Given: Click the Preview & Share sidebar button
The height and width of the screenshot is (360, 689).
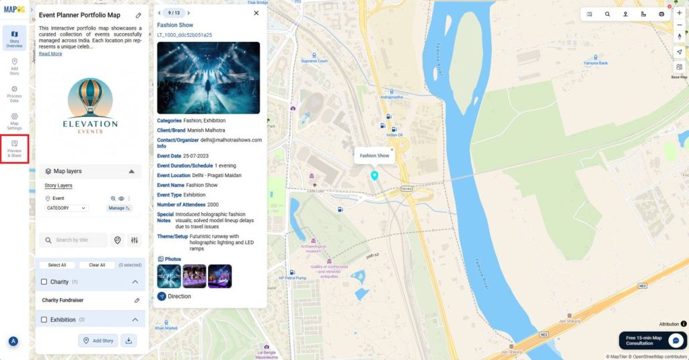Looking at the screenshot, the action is point(14,149).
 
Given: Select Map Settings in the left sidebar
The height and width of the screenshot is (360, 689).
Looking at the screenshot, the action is point(14,121).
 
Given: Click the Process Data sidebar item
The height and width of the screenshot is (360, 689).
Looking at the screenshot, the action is point(14,94).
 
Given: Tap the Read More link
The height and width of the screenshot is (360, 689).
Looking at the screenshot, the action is point(50,54).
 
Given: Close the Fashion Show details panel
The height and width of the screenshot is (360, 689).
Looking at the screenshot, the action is point(256,13).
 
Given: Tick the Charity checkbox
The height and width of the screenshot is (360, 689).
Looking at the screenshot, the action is point(44,282).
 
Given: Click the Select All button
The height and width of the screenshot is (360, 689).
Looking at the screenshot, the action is point(57,265).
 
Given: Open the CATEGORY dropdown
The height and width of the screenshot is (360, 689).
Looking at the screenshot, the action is point(66,209).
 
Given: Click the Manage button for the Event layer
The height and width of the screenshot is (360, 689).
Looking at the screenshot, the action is point(118,209).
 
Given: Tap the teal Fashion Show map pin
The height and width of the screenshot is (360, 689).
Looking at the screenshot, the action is point(375,176).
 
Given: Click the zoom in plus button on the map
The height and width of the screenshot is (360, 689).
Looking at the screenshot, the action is point(679,13).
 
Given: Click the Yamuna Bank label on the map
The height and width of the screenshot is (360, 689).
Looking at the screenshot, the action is point(595,63).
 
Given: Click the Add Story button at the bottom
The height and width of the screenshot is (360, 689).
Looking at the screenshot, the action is point(98,340).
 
